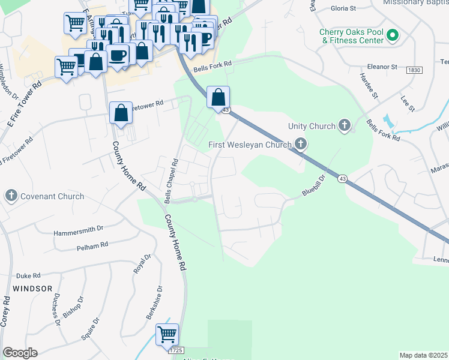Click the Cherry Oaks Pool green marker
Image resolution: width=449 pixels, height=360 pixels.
(x=393, y=36)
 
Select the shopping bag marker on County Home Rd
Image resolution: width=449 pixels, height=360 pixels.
(x=121, y=113)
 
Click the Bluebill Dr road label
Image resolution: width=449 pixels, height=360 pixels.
(x=313, y=185)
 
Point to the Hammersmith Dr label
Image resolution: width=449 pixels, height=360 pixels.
(x=79, y=230)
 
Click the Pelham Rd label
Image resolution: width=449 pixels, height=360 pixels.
(x=92, y=245)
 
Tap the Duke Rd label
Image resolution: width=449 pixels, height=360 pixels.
(x=28, y=275)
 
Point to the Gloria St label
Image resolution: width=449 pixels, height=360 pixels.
(x=345, y=10)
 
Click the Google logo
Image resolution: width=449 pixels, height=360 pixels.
(x=20, y=353)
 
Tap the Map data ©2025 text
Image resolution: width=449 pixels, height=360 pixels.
(x=424, y=355)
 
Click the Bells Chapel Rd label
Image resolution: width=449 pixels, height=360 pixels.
(x=171, y=180)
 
